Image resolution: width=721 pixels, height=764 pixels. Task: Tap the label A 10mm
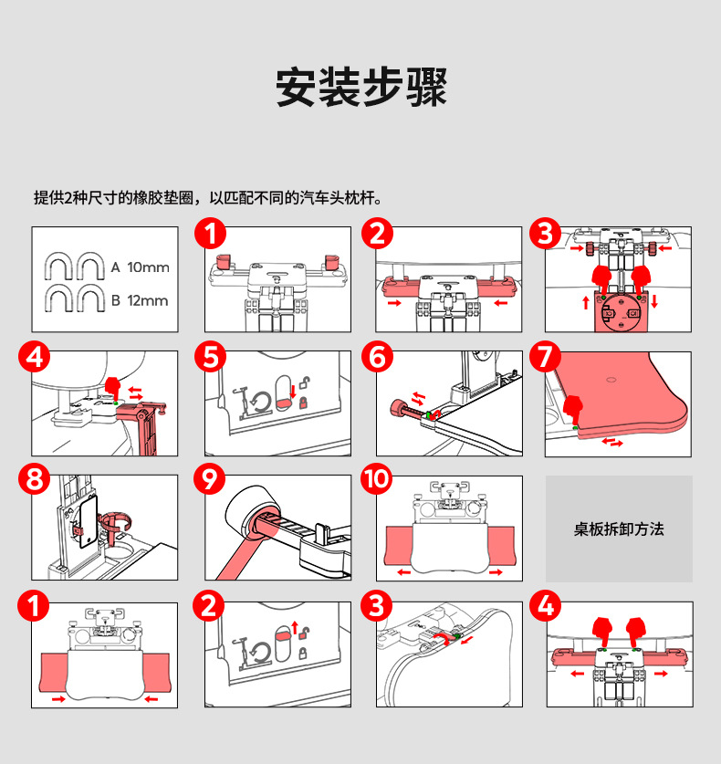click(141, 267)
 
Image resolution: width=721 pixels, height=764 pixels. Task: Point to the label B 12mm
click(141, 300)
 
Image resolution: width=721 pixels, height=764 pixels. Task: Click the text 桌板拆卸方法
click(619, 529)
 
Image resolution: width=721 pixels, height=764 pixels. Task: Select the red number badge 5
click(213, 357)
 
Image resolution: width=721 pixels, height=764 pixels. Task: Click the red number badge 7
click(545, 357)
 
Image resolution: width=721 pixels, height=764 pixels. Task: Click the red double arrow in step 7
click(611, 443)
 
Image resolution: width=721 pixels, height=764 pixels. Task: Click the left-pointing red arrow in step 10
click(402, 572)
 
